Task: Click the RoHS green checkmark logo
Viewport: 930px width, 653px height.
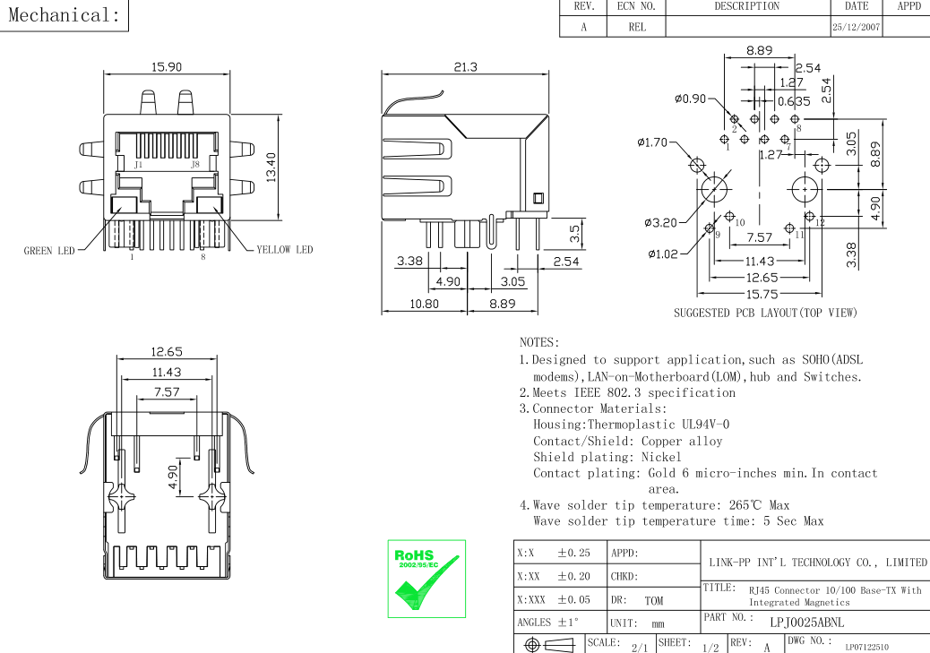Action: point(426,578)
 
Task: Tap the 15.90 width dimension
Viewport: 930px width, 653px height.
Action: point(168,67)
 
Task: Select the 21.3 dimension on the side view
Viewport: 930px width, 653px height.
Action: point(466,67)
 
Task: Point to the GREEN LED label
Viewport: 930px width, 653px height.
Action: point(49,251)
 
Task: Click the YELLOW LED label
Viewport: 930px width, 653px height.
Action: point(285,250)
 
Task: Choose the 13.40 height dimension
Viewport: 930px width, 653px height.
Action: point(271,166)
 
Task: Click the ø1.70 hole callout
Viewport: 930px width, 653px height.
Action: point(652,142)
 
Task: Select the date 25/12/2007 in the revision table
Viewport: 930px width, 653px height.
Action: point(857,28)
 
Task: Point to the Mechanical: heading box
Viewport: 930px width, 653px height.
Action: point(64,15)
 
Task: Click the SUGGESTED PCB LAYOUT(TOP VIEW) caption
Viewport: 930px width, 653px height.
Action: point(765,314)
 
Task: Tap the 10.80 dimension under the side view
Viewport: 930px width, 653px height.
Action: point(424,304)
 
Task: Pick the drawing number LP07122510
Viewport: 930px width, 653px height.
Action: point(866,647)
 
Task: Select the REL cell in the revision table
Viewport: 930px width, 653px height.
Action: point(637,28)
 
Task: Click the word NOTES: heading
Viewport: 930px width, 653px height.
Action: point(539,342)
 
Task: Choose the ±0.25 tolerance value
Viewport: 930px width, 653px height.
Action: point(573,553)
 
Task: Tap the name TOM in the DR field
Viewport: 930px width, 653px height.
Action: point(653,601)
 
